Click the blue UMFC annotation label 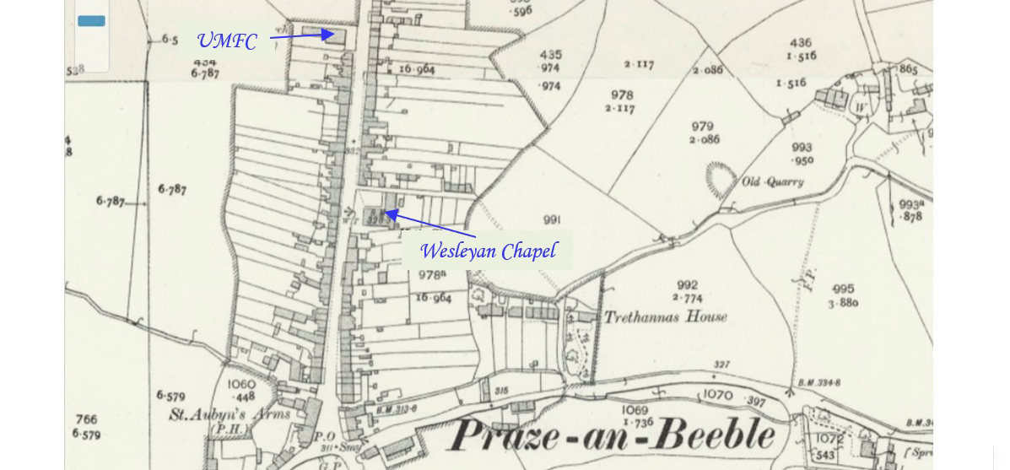coord(226,41)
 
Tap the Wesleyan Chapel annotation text coord(488,251)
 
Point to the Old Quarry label coord(773,181)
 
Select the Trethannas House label coord(665,317)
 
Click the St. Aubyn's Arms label coord(230,414)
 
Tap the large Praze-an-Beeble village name coord(613,435)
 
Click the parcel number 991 coord(552,220)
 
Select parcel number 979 coord(702,127)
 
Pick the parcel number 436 coord(800,43)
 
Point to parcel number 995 coord(842,289)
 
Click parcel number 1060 coord(241,385)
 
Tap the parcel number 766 coord(86,419)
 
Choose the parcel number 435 coord(551,55)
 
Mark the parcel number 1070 coord(718,395)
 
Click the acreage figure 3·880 coord(843,303)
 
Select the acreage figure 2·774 coord(688,298)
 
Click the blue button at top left coord(91,21)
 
